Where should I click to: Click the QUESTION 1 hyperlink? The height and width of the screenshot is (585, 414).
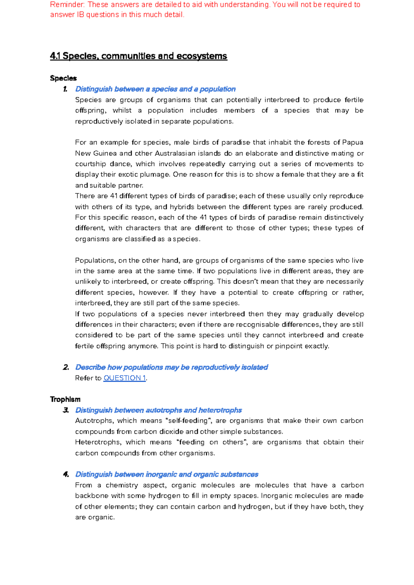tap(125, 378)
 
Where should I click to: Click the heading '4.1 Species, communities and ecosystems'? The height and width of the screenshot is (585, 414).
tap(138, 56)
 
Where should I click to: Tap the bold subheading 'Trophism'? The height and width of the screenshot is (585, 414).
tap(65, 399)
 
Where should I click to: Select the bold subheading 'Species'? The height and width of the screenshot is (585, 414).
tap(63, 78)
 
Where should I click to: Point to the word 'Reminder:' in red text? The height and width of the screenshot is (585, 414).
tap(68, 5)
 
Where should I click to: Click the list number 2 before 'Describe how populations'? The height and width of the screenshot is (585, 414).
tap(66, 367)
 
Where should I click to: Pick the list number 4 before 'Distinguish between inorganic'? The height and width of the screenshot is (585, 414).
tap(66, 474)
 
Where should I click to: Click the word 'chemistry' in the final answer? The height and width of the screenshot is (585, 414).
tap(122, 485)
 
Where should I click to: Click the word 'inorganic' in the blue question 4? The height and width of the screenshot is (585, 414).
tap(161, 474)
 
